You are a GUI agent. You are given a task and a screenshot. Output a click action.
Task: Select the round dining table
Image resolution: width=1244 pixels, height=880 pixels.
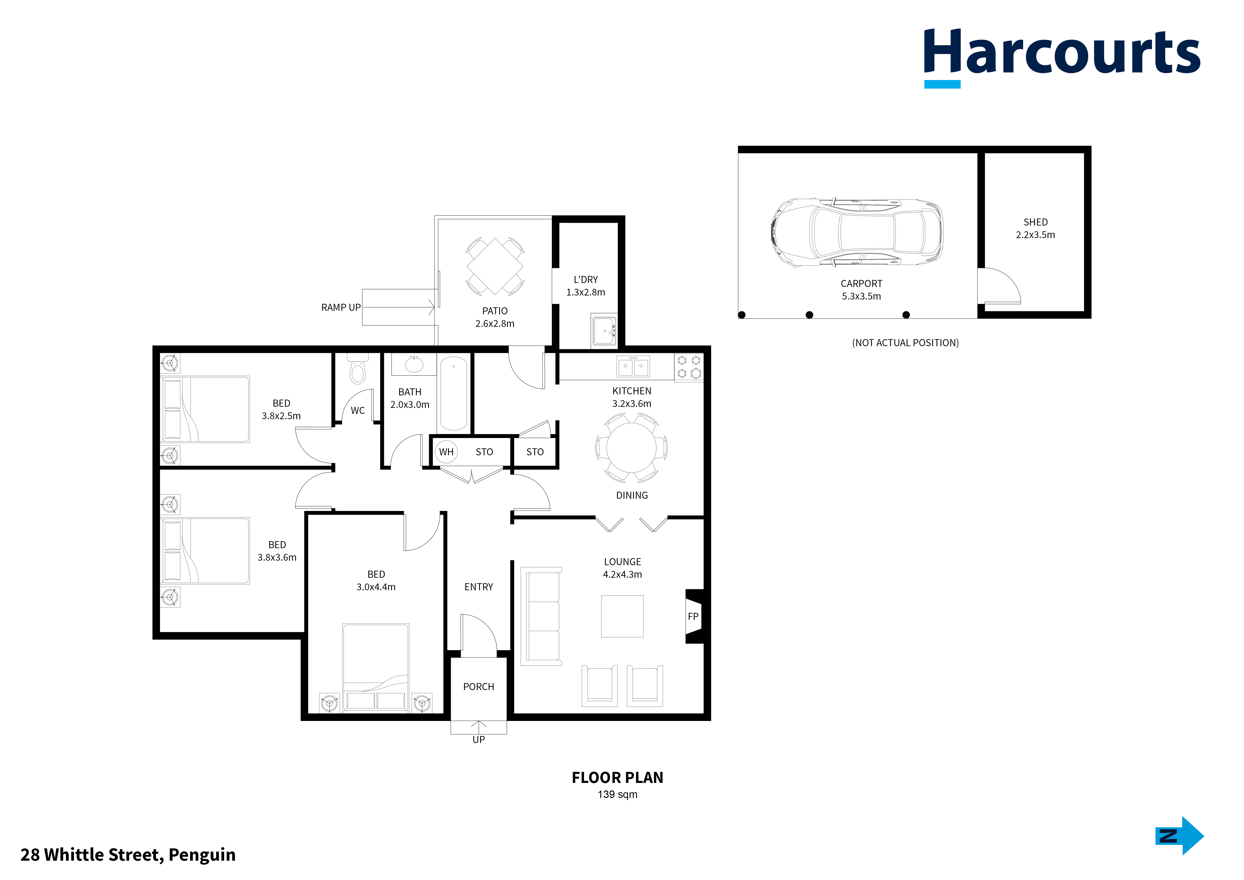tap(631, 448)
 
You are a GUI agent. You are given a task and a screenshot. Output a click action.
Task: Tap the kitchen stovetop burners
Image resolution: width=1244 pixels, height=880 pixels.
tap(689, 367)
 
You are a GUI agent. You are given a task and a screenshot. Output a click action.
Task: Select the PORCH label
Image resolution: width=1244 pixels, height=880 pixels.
tap(478, 687)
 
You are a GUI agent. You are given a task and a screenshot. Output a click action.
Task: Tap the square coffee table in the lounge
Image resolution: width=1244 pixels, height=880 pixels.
tap(622, 616)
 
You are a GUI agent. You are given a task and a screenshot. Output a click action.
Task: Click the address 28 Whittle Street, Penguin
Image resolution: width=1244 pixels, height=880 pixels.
tap(128, 854)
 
